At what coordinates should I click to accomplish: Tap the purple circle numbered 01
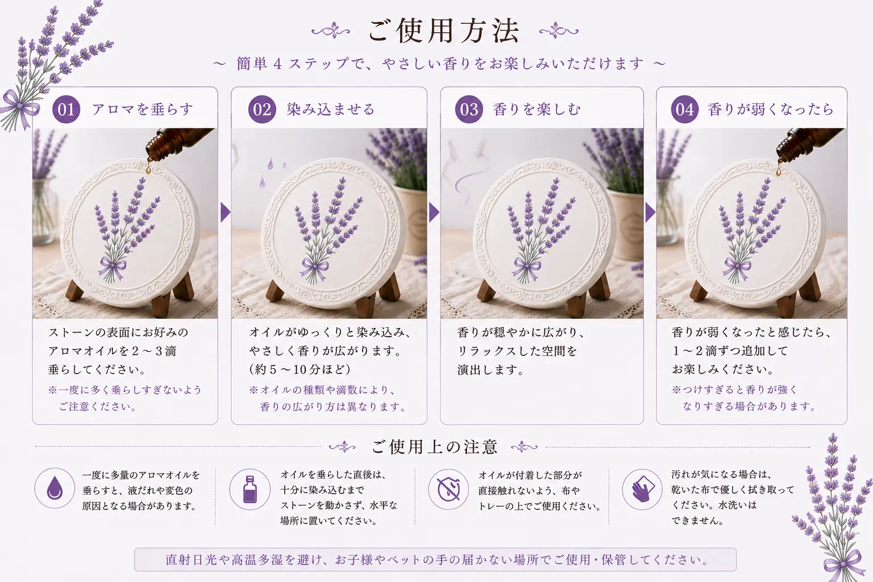coord(66,110)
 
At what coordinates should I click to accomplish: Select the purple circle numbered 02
coord(262,110)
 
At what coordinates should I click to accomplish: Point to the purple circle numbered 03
coord(469,110)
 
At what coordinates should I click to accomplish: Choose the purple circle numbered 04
coord(685,110)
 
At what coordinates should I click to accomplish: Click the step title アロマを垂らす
coord(143,110)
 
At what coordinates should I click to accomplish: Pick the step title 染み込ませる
coord(330,110)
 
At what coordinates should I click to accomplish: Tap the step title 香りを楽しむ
coord(537,110)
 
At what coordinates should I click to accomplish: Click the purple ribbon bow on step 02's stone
coord(314,268)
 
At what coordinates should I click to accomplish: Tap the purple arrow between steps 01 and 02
coord(225,212)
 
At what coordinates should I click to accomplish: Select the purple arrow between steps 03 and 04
coord(650,212)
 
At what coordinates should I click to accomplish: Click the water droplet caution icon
coord(55,488)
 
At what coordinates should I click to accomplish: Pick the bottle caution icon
coord(250,489)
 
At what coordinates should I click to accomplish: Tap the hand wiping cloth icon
coord(642,489)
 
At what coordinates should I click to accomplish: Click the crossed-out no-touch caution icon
coord(448,489)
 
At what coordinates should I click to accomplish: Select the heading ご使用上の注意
coord(435,447)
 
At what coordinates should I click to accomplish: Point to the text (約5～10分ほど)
coord(300,369)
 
